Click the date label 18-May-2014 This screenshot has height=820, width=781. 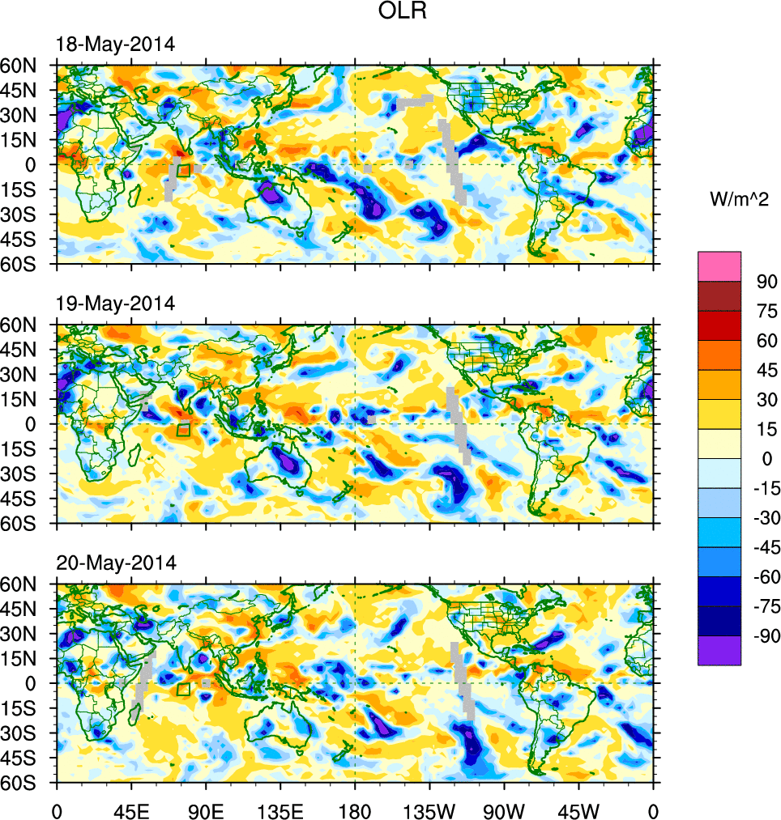tap(114, 45)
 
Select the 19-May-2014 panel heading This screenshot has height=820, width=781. tap(114, 304)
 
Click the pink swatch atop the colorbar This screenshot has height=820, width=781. tap(719, 265)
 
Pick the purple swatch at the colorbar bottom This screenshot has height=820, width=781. tap(719, 650)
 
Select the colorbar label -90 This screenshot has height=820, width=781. tap(764, 636)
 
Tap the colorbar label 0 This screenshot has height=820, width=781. tap(762, 459)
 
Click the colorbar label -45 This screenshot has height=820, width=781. tap(764, 547)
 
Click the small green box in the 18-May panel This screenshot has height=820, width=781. tap(183, 170)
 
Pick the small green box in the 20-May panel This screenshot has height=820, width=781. tap(183, 689)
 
